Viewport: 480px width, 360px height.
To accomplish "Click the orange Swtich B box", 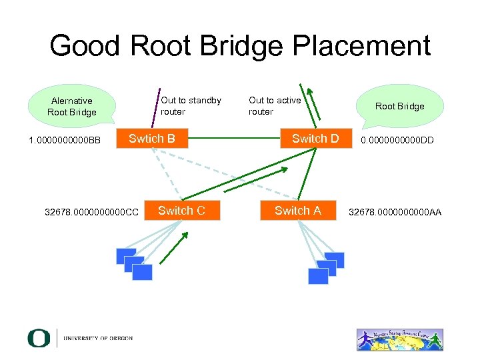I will click(x=152, y=139).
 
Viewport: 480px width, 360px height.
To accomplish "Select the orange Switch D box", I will click(x=315, y=139).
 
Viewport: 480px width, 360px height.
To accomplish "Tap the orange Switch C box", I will click(x=181, y=211).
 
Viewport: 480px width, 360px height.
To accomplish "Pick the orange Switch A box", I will click(x=297, y=211).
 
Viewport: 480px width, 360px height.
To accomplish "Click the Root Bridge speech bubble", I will click(x=399, y=105).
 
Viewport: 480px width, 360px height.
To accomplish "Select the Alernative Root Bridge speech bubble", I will click(x=71, y=106).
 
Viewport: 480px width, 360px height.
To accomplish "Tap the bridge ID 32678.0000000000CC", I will click(x=91, y=213).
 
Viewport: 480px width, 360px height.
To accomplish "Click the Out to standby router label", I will click(x=191, y=105).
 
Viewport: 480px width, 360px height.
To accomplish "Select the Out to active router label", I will click(x=275, y=105).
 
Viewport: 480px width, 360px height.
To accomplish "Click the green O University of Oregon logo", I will click(x=39, y=338).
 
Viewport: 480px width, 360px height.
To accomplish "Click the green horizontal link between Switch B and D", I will click(x=233, y=139).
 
